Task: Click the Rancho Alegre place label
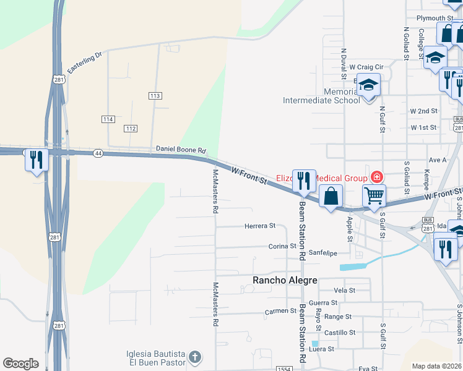[285, 280]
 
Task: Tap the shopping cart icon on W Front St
[374, 195]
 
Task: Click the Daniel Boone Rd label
[180, 150]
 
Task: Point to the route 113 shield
[155, 96]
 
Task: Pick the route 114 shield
[108, 119]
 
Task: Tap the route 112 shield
[130, 128]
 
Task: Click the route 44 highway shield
[98, 152]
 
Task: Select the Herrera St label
[260, 226]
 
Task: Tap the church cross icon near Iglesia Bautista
[194, 357]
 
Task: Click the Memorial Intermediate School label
[321, 96]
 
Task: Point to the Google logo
[20, 363]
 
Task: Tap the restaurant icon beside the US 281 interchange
[37, 160]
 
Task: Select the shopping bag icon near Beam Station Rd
[332, 196]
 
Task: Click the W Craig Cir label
[366, 67]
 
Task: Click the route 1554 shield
[284, 369]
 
